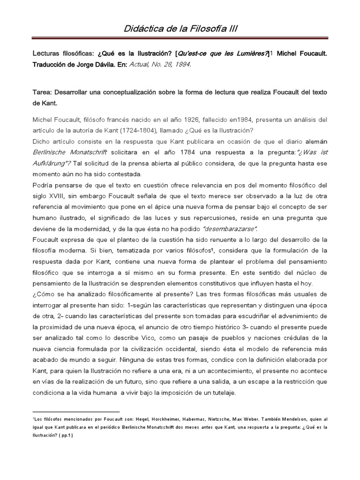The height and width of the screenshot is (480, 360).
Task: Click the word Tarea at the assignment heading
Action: click(43, 92)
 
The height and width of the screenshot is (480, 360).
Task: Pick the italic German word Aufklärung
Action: click(52, 163)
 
